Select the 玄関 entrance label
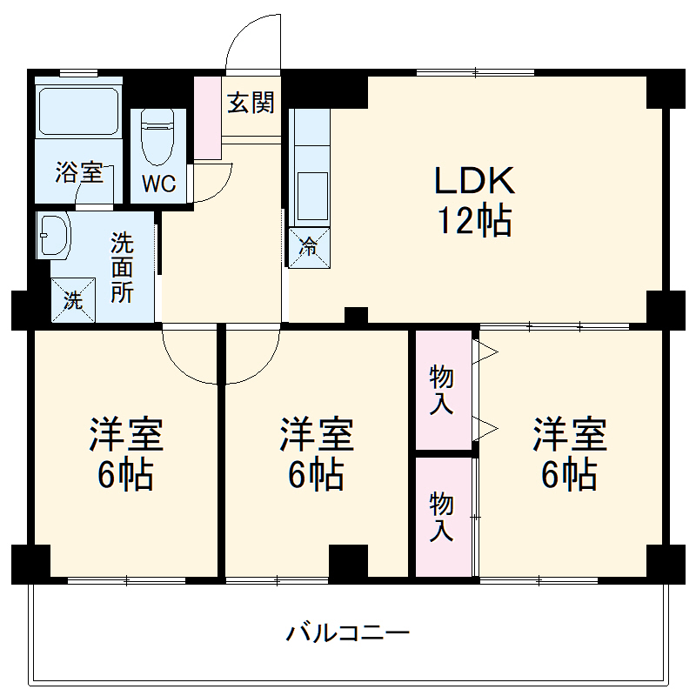click(251, 103)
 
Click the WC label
click(159, 184)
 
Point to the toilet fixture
click(158, 138)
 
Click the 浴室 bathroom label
click(79, 171)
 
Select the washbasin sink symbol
click(55, 235)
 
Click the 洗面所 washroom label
click(122, 267)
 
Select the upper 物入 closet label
click(442, 390)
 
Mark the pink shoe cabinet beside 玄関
click(208, 118)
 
